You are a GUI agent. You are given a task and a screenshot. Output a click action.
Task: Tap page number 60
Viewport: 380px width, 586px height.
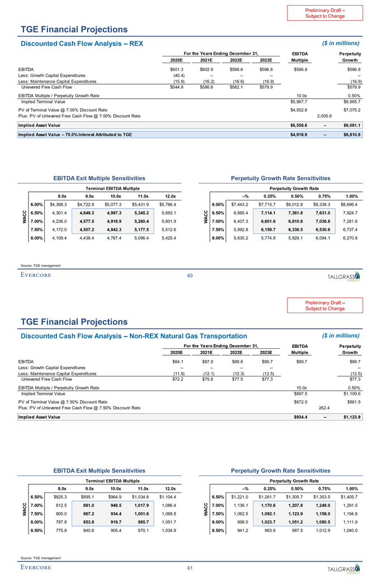click(190, 274)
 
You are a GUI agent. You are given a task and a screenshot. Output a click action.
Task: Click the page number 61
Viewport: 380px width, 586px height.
click(190, 568)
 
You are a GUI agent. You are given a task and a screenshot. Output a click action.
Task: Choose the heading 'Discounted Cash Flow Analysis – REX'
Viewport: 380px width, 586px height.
click(82, 43)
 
